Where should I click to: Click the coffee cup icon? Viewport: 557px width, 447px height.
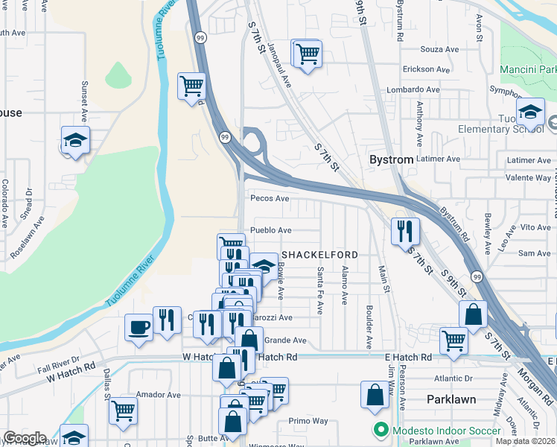(139, 328)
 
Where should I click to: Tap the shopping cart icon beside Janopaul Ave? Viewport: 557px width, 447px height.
(307, 54)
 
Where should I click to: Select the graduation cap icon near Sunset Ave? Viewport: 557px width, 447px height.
(74, 140)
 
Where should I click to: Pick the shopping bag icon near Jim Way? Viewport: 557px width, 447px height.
(375, 395)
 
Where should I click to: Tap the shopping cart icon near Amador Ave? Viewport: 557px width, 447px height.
(124, 410)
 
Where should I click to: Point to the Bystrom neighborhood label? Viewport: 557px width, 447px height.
(392, 160)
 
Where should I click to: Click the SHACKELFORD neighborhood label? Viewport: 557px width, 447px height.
(319, 255)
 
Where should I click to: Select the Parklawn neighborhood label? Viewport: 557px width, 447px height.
(451, 399)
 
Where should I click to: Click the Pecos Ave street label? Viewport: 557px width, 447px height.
(270, 199)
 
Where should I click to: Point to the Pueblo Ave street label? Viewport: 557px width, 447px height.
(270, 231)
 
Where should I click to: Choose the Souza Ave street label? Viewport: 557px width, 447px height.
(440, 50)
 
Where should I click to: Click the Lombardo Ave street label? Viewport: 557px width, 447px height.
(430, 89)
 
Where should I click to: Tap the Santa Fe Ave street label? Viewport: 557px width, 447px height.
(320, 291)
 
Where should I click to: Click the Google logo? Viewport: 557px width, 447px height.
(24, 438)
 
